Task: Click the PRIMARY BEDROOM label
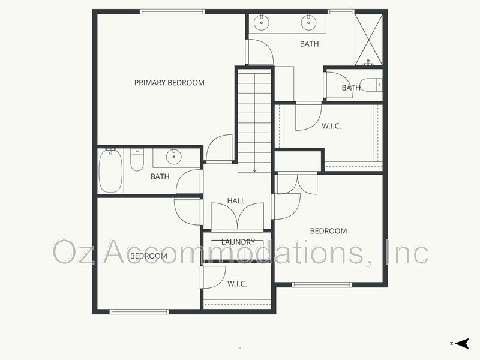pos(169,83)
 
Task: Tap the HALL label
pos(236,201)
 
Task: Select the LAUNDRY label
pos(238,242)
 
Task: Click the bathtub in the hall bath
pos(111,171)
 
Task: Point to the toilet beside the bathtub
pos(137,160)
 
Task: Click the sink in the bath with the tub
pos(174,157)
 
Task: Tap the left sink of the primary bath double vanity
pos(262,23)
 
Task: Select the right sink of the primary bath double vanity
pos(308,23)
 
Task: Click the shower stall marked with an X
pos(368,40)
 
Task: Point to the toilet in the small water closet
pos(371,85)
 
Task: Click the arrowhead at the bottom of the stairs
pos(254,170)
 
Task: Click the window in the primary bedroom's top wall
pos(173,11)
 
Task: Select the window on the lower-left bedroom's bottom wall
pos(139,311)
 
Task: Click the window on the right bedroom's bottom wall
pos(322,284)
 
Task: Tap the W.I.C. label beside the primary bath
pos(331,126)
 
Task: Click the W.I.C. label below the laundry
pos(237,284)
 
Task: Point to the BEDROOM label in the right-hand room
pos(328,231)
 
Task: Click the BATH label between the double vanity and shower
pos(309,44)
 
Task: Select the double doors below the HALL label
pos(237,216)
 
